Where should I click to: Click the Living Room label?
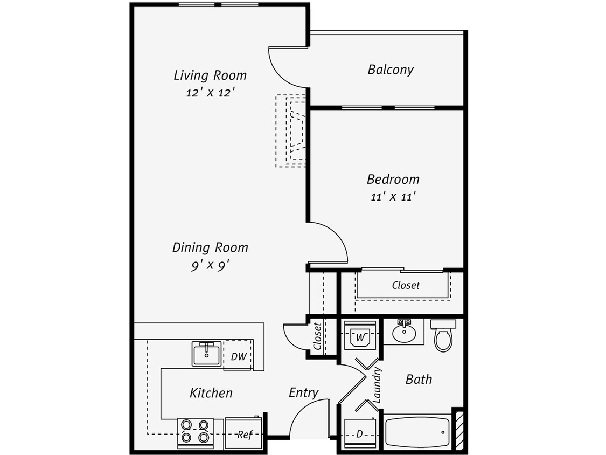[210, 75]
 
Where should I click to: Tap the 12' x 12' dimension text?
[210, 93]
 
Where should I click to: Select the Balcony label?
[391, 70]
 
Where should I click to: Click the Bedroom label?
[393, 179]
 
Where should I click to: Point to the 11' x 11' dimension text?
[393, 197]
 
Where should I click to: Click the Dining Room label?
[210, 247]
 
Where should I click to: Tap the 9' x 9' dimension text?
[210, 265]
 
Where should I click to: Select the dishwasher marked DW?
[238, 356]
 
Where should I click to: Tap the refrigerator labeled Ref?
[244, 434]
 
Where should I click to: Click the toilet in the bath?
[443, 336]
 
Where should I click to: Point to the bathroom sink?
[403, 332]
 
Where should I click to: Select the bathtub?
[418, 432]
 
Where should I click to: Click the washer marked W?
[360, 336]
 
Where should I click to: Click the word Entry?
[303, 392]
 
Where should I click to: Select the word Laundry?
[377, 385]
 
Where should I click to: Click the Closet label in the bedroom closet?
[405, 285]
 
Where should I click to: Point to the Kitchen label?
[211, 393]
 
